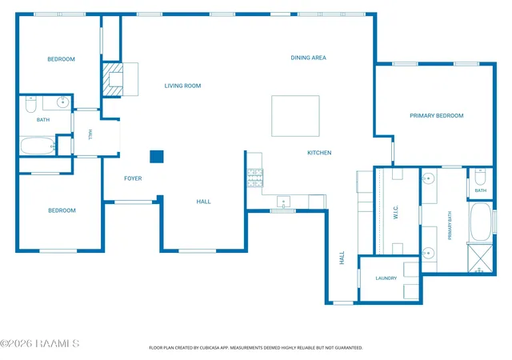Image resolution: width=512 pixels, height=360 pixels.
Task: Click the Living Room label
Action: click(182, 86)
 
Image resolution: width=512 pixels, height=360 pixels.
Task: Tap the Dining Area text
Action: click(308, 58)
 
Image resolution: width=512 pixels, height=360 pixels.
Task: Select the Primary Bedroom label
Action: click(437, 116)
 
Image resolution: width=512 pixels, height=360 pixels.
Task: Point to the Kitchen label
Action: click(319, 153)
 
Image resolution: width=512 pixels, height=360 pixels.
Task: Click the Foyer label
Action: click(133, 178)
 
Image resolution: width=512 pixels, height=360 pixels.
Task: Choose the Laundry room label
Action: click(386, 278)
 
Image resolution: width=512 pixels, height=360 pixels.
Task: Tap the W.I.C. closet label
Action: click(396, 212)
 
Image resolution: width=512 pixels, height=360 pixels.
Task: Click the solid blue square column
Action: click(157, 157)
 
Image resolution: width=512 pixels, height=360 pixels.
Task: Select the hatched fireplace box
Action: click(113, 79)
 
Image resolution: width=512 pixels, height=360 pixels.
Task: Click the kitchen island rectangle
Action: click(295, 116)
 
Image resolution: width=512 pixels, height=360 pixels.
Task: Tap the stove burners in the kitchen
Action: click(254, 178)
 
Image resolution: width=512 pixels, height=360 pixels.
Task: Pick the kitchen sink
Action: click(283, 202)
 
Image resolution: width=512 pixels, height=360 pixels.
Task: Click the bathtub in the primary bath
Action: click(480, 222)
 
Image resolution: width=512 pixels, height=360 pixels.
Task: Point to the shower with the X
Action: click(480, 258)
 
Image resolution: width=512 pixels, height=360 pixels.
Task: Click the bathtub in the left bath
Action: click(38, 146)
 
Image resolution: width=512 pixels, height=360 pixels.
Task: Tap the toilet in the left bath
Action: click(30, 104)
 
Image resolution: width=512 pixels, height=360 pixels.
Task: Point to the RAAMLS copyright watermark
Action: click(39, 344)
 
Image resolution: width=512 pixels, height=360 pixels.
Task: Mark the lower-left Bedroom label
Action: click(62, 210)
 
